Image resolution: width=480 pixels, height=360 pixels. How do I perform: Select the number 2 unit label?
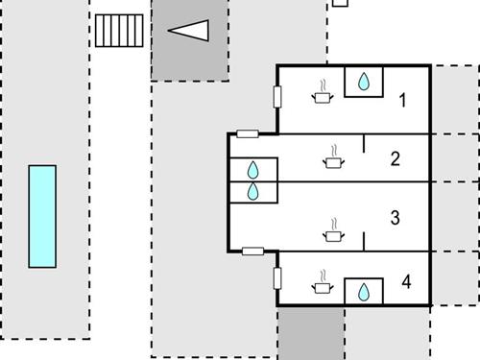point(395,159)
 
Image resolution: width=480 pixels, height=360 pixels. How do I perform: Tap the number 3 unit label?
point(395,218)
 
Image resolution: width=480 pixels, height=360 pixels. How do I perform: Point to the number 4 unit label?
point(407,282)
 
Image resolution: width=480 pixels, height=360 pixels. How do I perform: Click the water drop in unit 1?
point(364,83)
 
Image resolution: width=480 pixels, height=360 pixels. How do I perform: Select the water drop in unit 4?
point(364,292)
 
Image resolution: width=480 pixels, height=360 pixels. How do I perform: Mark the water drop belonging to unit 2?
point(253,170)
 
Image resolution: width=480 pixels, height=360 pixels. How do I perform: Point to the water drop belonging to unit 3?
point(253,192)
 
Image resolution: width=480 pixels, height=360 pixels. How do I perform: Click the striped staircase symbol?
point(120,31)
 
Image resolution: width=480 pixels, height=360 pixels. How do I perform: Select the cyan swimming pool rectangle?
point(42,216)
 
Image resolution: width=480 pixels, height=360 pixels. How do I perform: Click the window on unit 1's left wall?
point(277,96)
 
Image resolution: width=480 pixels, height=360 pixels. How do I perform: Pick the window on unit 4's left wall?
point(277,277)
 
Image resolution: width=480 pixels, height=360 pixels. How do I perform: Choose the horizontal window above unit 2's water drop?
point(248,133)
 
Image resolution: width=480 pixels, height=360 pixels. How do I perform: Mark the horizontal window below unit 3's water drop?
point(253,252)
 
